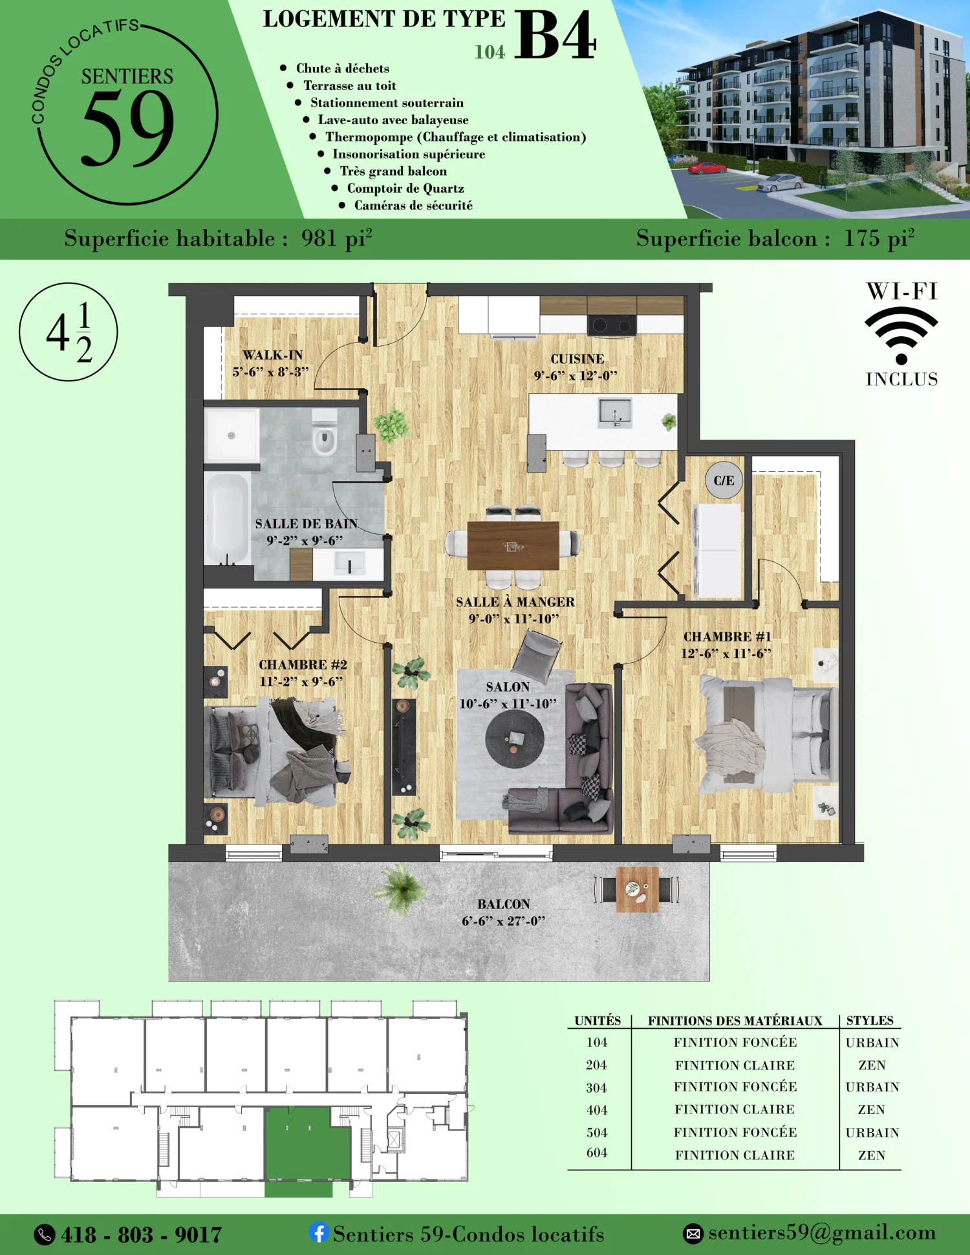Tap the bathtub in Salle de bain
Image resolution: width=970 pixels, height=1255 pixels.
[x=227, y=519]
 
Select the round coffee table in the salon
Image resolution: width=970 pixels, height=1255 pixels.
[x=515, y=739]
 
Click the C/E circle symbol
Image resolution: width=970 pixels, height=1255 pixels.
[x=724, y=480]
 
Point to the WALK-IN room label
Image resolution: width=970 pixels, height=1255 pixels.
[x=272, y=355]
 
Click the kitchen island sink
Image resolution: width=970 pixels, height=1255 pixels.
[x=614, y=412]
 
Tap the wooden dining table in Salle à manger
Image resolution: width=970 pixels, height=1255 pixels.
[x=513, y=546]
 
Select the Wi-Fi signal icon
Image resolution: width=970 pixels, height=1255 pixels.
[x=901, y=335]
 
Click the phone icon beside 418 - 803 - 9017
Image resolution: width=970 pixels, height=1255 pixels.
[x=44, y=1234]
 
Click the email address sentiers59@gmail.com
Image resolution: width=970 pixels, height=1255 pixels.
[x=822, y=1232]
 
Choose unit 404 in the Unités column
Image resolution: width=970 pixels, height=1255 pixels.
[x=597, y=1110]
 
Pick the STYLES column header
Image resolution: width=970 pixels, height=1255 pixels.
[x=870, y=1020]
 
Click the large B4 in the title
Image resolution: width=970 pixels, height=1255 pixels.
[x=555, y=36]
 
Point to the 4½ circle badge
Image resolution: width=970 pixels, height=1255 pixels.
[x=69, y=332]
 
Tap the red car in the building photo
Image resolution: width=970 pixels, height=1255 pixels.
[x=707, y=168]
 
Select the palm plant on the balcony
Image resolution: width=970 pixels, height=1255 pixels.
[x=402, y=888]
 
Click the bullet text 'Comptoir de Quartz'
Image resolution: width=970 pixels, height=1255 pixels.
[x=405, y=188]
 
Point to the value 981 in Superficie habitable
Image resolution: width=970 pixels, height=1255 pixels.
[x=319, y=238]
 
